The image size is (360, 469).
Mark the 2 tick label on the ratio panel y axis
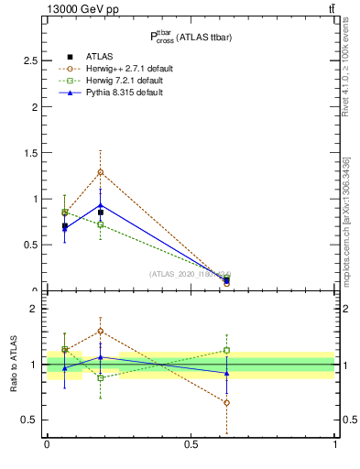(34, 309)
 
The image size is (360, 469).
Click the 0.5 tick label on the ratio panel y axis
(29, 420)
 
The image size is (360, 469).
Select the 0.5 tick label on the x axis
(191, 445)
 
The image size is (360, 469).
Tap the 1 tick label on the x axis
(335, 445)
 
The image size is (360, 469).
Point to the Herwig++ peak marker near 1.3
(101, 172)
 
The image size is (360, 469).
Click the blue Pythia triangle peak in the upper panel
(101, 205)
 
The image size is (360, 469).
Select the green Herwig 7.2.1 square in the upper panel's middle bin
(101, 224)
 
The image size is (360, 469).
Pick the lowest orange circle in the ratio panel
(226, 403)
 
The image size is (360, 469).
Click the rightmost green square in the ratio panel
(226, 350)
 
